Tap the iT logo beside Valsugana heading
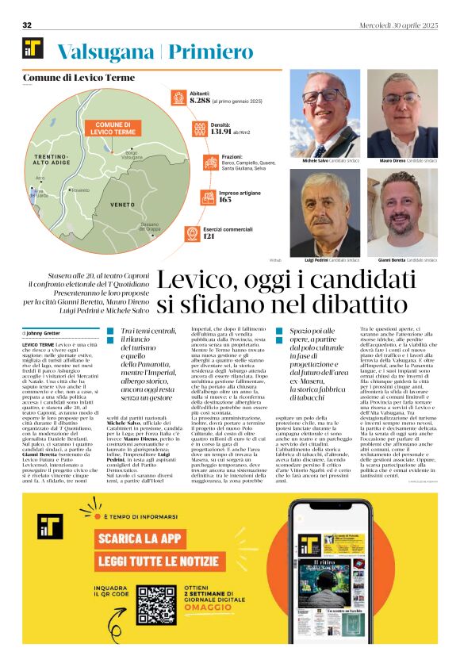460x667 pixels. pos(33,49)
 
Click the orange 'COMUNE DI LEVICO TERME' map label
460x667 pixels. pos(113,128)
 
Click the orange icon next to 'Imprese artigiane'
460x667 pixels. pos(180,195)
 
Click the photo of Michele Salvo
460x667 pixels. pos(324,113)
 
